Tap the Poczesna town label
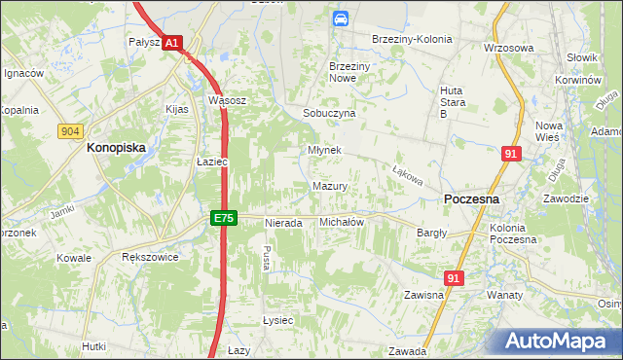pyautogui.click(x=471, y=198)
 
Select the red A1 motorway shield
pyautogui.click(x=171, y=44)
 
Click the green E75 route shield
pyautogui.click(x=224, y=219)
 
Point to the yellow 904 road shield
pyautogui.click(x=69, y=130)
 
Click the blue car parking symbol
pyautogui.click(x=340, y=18)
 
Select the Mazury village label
pyautogui.click(x=330, y=185)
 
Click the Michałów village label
pyautogui.click(x=342, y=222)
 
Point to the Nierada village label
pyautogui.click(x=284, y=223)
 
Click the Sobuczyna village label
pyautogui.click(x=329, y=113)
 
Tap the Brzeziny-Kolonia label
pyautogui.click(x=414, y=39)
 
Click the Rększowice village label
pyautogui.click(x=146, y=258)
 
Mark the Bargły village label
pyautogui.click(x=431, y=233)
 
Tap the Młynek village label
pyautogui.click(x=324, y=151)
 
